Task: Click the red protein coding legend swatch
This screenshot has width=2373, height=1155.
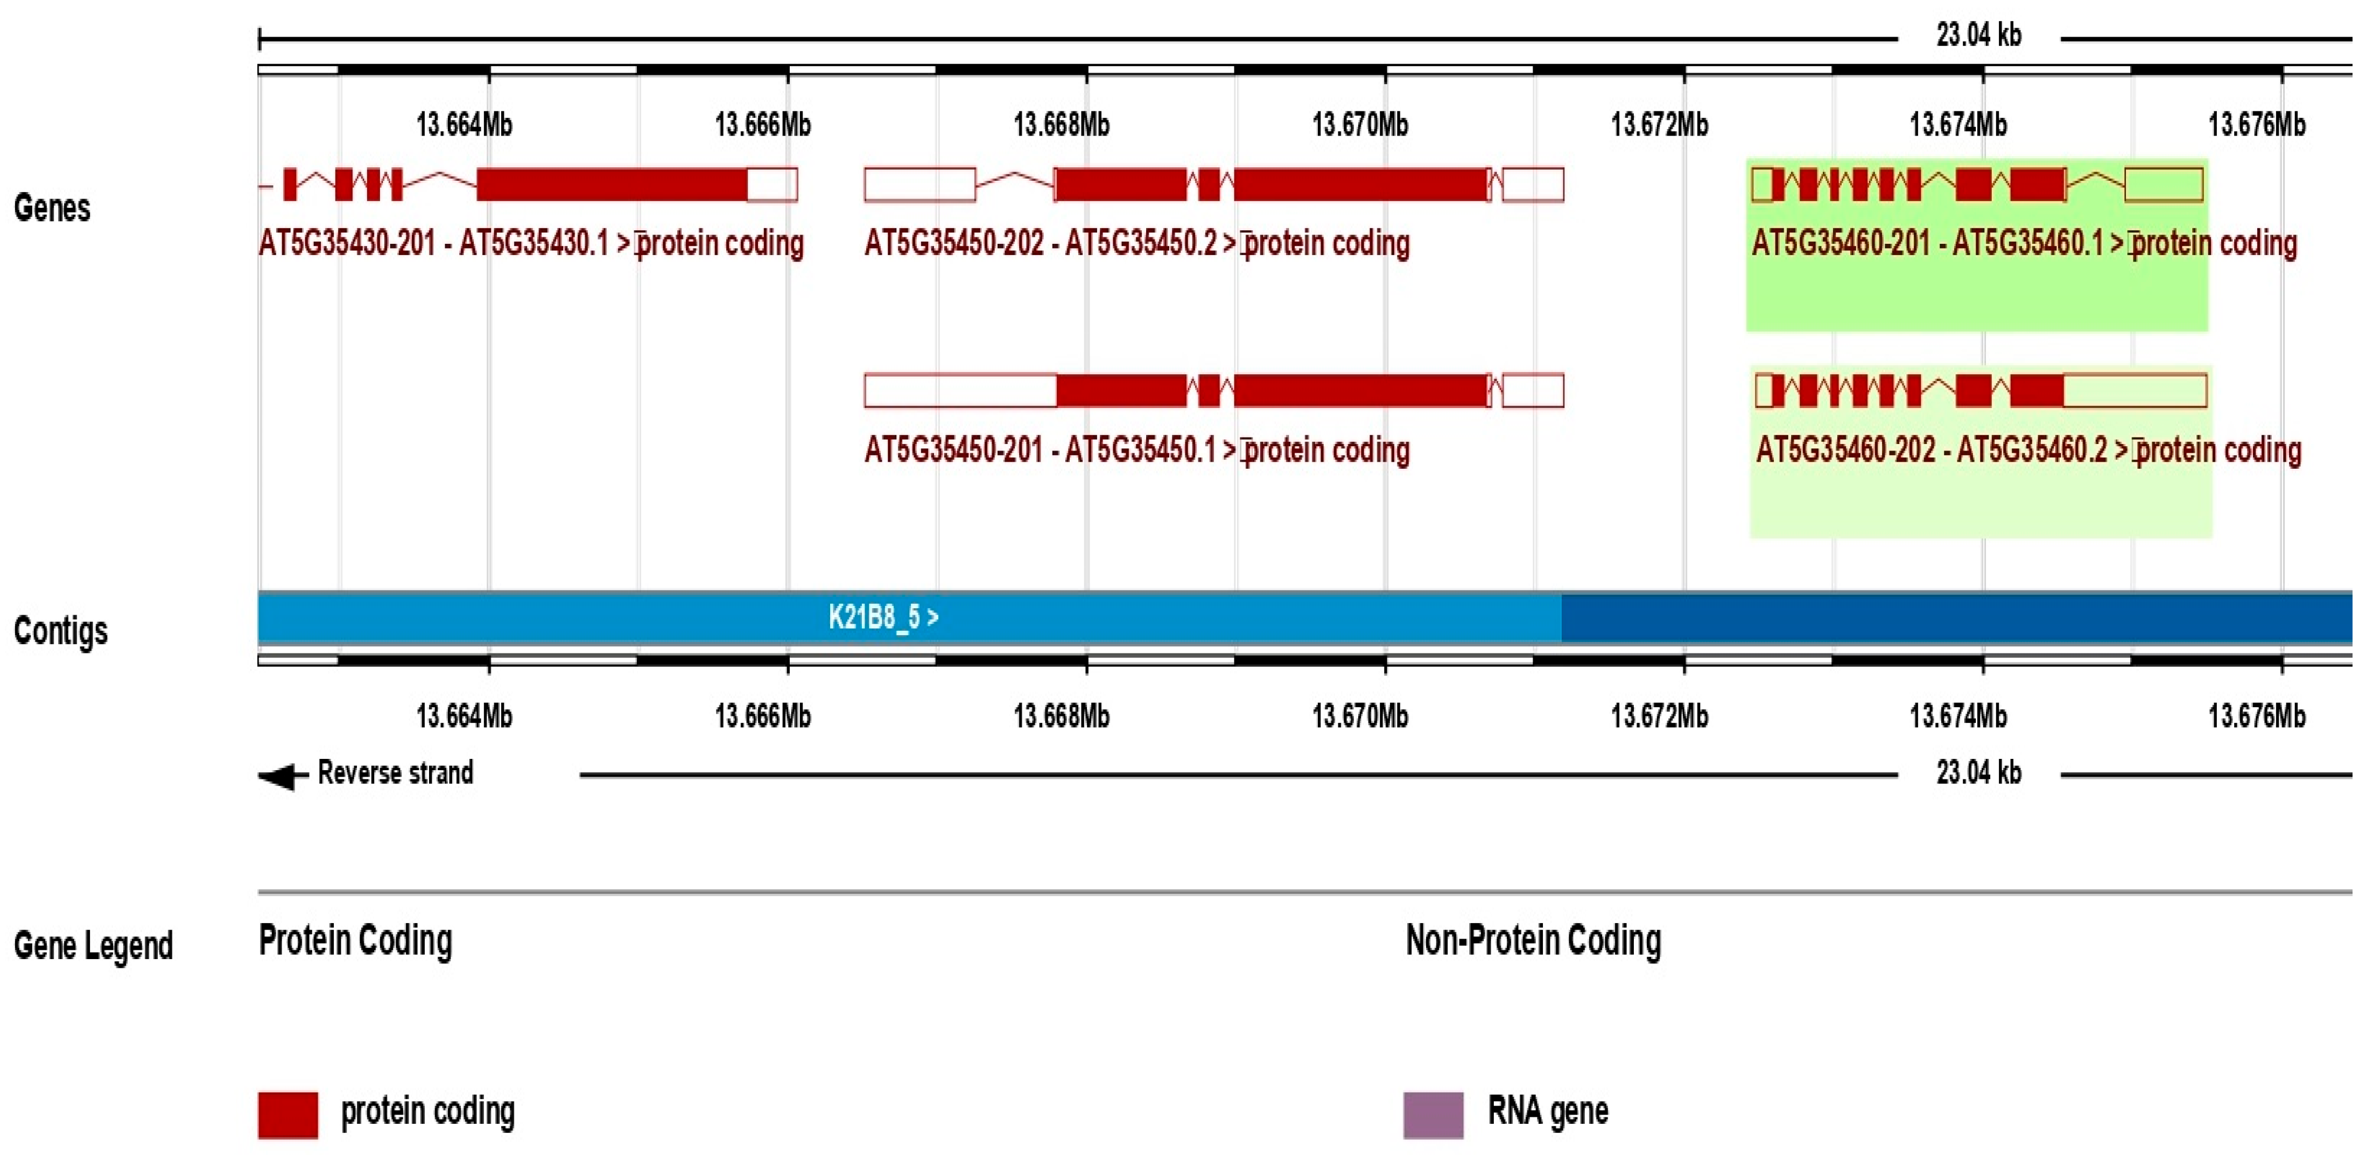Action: point(287,1115)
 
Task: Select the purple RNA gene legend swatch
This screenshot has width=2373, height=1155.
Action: point(1433,1115)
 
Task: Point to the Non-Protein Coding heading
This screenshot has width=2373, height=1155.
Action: point(1533,940)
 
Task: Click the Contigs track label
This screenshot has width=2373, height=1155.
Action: point(60,631)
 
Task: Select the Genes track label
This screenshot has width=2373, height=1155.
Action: point(52,208)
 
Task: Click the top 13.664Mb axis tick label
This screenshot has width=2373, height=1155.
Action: point(464,124)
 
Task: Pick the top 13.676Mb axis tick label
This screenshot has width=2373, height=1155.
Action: point(2256,124)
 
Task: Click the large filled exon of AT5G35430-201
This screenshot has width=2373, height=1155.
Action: point(612,184)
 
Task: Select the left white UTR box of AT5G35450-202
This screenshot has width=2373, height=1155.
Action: point(919,184)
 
